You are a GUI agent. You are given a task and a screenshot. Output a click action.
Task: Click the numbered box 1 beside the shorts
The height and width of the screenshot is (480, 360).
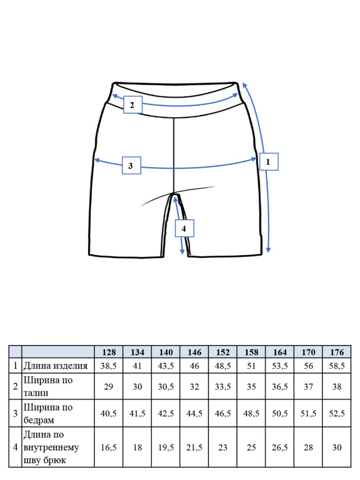click(269, 161)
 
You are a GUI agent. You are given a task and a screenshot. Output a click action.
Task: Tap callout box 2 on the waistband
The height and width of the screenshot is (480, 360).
click(133, 105)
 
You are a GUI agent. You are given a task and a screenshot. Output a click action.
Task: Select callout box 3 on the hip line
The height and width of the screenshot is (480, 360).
click(132, 165)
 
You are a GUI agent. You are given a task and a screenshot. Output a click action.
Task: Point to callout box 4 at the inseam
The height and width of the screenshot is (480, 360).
click(184, 228)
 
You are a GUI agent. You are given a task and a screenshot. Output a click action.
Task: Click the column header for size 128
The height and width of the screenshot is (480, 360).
click(109, 352)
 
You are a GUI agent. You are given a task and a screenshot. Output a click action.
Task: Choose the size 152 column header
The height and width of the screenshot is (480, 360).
click(223, 352)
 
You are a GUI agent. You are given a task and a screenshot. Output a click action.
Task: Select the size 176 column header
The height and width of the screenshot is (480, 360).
click(337, 352)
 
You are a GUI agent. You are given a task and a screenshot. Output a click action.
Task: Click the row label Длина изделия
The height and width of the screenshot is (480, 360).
click(55, 365)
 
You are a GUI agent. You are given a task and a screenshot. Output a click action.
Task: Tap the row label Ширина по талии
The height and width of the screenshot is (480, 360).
click(48, 386)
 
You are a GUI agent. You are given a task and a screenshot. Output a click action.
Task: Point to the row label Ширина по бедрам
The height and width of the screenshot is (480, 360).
click(48, 414)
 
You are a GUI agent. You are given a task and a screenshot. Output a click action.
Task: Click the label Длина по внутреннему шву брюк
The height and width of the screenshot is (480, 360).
click(51, 447)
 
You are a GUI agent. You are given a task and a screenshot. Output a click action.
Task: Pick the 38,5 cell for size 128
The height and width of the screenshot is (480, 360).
click(109, 365)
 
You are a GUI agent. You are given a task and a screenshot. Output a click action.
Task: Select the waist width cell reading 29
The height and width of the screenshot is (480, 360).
click(109, 386)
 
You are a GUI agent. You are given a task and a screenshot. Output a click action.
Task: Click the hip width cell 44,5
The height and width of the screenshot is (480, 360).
click(194, 414)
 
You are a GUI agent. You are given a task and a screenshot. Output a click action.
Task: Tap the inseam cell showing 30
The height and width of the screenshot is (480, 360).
click(337, 447)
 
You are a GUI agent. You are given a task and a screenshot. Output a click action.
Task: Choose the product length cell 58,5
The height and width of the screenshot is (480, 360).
click(337, 365)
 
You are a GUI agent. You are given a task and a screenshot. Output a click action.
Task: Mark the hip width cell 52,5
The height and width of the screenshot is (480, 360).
click(337, 414)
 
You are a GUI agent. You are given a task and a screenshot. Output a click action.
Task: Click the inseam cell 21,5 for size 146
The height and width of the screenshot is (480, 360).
click(194, 447)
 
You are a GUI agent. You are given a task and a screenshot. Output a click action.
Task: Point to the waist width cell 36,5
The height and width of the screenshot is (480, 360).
click(280, 386)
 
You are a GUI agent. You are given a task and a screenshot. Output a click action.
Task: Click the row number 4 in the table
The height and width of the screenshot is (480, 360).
click(15, 447)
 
